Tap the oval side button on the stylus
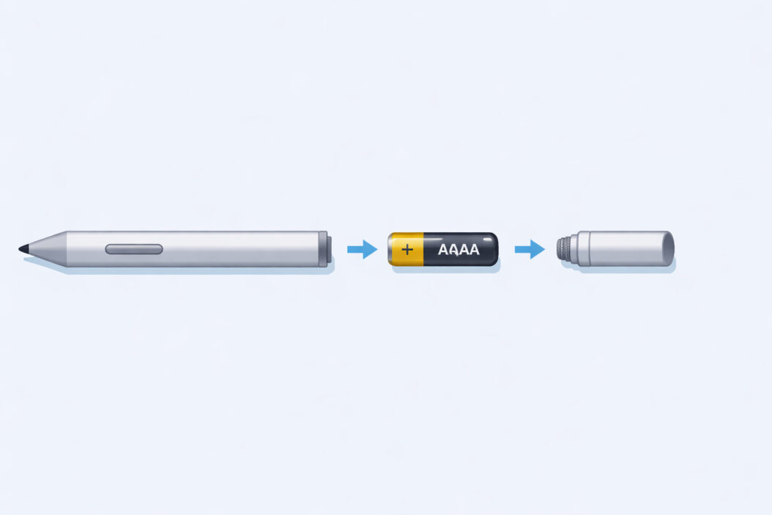pos(134,249)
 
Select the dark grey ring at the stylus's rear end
pos(322,249)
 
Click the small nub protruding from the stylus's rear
pos(330,249)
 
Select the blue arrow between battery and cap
pos(530,249)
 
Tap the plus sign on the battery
pos(407,250)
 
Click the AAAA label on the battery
pos(459,250)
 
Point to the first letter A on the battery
pos(444,250)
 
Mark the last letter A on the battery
pos(473,250)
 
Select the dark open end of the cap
pos(668,249)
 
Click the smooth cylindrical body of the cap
pos(623,249)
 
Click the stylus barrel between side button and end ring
pos(242,249)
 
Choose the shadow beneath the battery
pos(447,267)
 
